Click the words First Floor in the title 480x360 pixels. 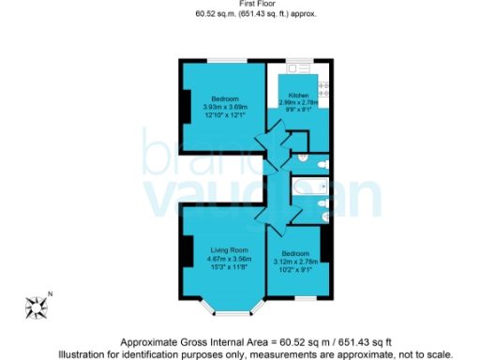click(x=240, y=5)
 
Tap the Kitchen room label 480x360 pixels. click(x=298, y=96)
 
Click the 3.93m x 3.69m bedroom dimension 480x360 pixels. click(x=225, y=107)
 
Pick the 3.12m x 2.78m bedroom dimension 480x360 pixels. click(x=295, y=261)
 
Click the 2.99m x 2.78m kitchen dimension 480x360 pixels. click(x=298, y=103)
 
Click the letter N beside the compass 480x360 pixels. click(x=52, y=295)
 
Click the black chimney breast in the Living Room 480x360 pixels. click(x=186, y=250)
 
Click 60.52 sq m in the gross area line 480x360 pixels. click(x=302, y=342)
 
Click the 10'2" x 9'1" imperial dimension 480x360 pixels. click(x=295, y=268)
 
